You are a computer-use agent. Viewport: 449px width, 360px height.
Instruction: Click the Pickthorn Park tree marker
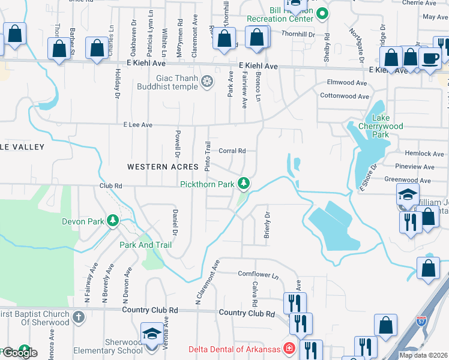coord(244,183)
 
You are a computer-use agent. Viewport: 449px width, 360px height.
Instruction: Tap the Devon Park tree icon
coord(112,221)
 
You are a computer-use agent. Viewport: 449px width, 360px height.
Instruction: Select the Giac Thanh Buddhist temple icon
coord(207,81)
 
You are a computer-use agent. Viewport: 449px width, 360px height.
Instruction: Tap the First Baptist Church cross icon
coord(79,316)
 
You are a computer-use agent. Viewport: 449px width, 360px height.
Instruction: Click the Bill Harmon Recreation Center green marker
coord(322,13)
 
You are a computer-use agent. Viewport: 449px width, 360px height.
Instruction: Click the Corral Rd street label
coord(232,151)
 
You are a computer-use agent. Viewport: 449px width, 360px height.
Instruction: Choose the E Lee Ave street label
coord(138,125)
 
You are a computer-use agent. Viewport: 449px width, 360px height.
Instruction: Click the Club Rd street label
coord(110,187)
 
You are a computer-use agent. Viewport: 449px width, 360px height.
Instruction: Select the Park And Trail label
coord(145,245)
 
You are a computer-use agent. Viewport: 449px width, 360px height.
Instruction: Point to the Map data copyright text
coord(423,355)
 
